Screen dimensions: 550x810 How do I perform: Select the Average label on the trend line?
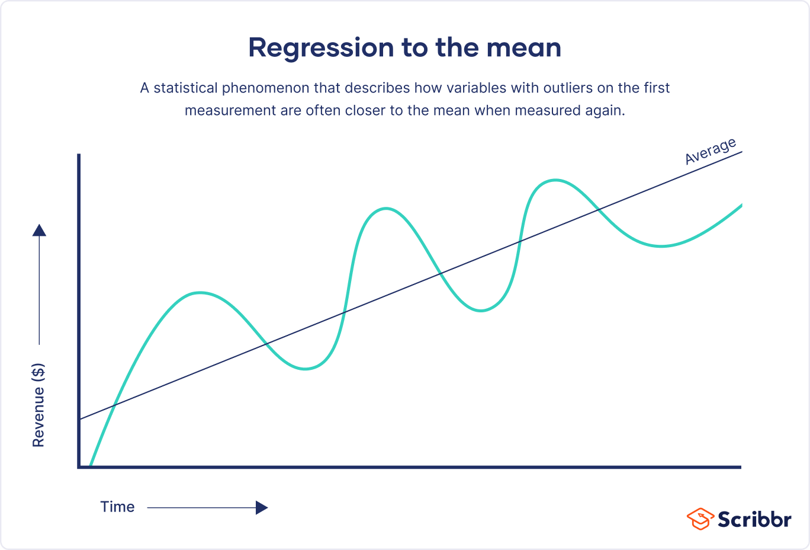coord(711,151)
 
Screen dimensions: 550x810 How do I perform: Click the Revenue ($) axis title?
coord(38,405)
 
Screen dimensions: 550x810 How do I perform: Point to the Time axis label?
coord(117,507)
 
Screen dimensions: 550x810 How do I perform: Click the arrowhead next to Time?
coord(262,507)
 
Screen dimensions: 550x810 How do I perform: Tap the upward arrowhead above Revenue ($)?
coord(39,230)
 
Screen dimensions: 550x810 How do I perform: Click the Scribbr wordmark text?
coord(754,519)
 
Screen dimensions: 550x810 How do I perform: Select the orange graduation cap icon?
coord(700,519)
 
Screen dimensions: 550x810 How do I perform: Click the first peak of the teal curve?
coord(200,292)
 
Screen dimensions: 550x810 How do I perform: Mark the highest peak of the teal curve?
coord(555,180)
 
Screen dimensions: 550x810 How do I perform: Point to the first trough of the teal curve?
coord(304,369)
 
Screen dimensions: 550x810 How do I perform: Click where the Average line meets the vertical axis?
coord(79,420)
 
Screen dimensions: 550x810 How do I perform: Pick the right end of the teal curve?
coord(741,205)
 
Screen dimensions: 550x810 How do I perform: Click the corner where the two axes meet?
coord(79,467)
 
